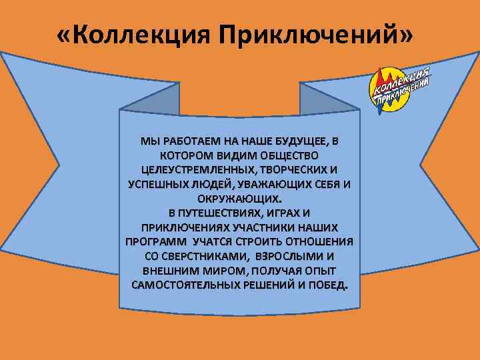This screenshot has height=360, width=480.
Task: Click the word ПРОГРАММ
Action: coord(155,241)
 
